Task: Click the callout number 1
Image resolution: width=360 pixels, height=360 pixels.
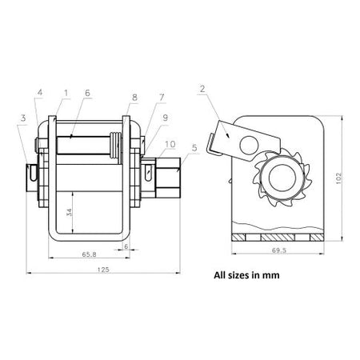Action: point(66,93)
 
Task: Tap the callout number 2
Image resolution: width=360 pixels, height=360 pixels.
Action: point(202,89)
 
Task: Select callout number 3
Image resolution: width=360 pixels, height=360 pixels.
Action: point(23,118)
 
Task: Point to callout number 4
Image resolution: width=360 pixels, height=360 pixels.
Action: point(40,93)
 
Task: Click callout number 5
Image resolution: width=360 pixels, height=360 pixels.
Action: point(194,148)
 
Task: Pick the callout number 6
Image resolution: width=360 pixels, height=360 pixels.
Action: point(87,93)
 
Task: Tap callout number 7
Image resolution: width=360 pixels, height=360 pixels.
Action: point(162,98)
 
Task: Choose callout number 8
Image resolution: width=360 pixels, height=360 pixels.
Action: point(134,98)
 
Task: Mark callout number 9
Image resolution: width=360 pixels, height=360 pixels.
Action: point(166,118)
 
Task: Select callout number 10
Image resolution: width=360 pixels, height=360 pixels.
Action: point(170,144)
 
